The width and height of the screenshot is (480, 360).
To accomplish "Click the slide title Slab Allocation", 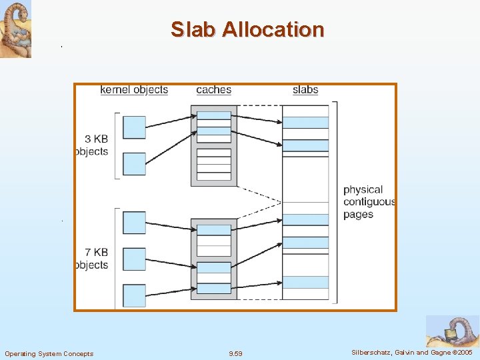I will (247, 29).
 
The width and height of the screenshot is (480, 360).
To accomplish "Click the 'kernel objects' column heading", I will (134, 89).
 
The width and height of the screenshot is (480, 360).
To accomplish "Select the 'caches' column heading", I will (213, 89).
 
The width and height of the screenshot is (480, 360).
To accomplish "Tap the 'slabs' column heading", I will (305, 89).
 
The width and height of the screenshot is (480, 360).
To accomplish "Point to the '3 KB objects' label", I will (93, 145).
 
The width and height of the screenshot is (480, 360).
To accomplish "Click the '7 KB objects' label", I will (93, 259).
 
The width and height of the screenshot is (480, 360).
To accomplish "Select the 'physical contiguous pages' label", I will (369, 202).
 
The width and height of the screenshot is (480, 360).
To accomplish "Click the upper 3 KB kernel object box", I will (134, 127).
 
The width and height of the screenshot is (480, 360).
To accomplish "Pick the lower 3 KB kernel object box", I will (134, 164).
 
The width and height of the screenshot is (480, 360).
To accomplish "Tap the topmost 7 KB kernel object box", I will (134, 223).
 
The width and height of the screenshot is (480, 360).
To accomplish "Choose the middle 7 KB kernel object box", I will (134, 259).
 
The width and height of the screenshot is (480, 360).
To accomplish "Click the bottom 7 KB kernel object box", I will (134, 295).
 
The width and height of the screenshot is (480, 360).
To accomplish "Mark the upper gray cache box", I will (214, 146).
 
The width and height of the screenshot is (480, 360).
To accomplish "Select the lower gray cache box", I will (214, 259).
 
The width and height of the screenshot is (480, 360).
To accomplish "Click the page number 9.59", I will (235, 353).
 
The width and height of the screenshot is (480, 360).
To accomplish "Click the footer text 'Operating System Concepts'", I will (49, 353).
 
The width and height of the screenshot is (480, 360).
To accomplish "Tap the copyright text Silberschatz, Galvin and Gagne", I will (410, 352).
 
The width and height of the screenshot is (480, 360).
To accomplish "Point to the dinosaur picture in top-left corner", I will (15, 29).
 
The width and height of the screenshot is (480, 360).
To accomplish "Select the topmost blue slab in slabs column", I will (305, 123).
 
